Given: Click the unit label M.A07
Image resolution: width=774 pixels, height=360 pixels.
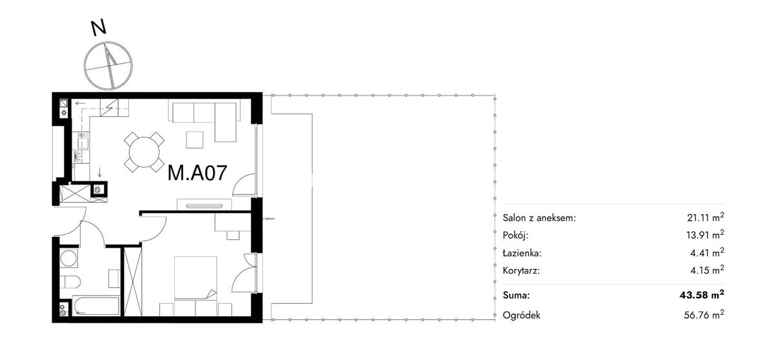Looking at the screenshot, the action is tap(197, 173).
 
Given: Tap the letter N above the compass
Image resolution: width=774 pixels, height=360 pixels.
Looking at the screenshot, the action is tap(99, 28).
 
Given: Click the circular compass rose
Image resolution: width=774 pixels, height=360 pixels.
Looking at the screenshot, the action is tap(108, 66).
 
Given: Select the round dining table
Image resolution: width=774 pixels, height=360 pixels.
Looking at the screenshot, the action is tap(144, 152).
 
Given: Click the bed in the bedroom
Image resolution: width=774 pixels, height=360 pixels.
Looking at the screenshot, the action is tap(195, 277).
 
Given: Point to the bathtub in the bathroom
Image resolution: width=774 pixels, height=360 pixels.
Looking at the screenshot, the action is tap(96, 305).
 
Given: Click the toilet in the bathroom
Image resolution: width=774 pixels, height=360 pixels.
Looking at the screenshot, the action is tap(70, 282).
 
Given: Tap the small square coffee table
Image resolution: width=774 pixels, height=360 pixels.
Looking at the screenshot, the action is tap(195, 139).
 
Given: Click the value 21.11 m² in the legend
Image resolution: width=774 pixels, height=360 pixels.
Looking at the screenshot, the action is tap(705, 217).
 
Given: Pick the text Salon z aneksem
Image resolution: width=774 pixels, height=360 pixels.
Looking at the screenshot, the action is tap(539, 218).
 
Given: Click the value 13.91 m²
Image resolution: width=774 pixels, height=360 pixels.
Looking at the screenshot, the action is tap(705, 235).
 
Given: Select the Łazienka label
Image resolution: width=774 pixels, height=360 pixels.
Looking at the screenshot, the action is tap(522, 253).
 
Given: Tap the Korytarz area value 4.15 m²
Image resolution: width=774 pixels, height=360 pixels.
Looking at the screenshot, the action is tap(708, 270).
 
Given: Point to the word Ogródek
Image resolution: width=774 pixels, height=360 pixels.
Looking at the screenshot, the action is tap(521, 315).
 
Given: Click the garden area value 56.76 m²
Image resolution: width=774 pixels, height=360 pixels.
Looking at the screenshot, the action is tap(704, 315).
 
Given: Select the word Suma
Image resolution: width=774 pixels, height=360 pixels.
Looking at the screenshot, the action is tap(516, 295).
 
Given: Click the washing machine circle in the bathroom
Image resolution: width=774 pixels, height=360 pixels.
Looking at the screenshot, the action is tap(68, 258).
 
